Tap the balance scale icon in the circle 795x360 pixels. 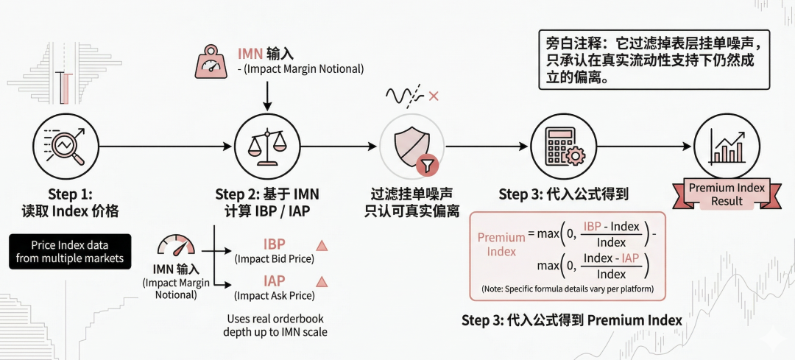(x=266, y=145)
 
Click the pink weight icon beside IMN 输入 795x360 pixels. (x=211, y=62)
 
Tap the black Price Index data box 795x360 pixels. (x=70, y=252)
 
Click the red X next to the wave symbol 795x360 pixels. (x=434, y=96)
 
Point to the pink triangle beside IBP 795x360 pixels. (x=320, y=245)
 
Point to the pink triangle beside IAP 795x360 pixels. (x=320, y=281)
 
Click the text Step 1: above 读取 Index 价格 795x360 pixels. (x=71, y=194)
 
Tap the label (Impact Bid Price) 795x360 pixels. (x=274, y=259)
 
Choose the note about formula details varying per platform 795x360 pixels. (x=567, y=288)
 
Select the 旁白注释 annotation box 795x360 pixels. (x=652, y=59)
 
